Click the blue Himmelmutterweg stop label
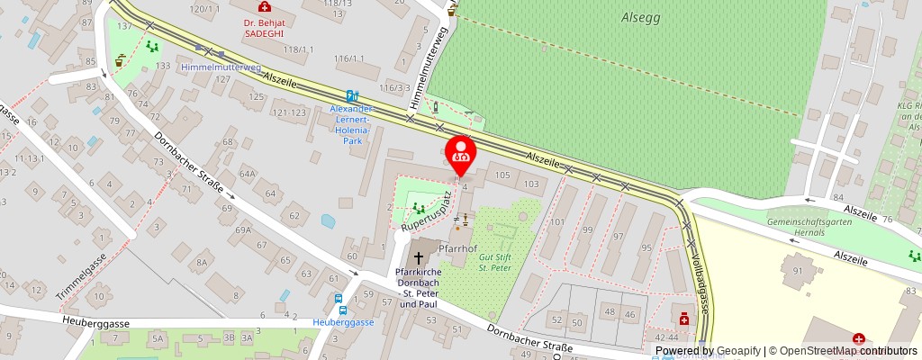point(221,67)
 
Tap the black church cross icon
point(418,258)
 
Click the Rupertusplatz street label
point(424,213)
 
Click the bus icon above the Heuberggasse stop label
point(339,300)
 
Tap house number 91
point(797,269)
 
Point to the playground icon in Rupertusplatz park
point(418,208)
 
